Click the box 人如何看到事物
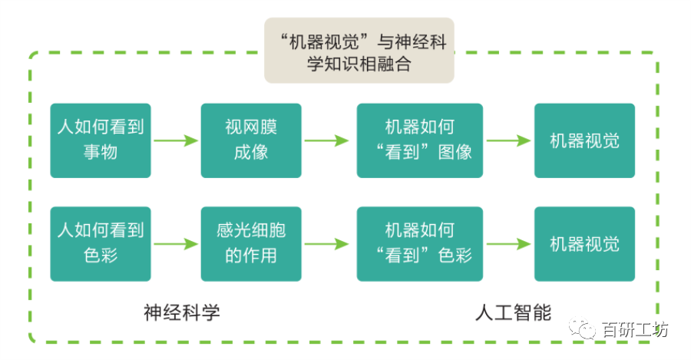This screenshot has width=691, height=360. point(101,140)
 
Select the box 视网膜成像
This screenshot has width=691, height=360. point(251,140)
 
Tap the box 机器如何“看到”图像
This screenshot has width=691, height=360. point(419,140)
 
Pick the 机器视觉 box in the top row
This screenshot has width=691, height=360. point(584,140)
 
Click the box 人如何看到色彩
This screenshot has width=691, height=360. point(101,243)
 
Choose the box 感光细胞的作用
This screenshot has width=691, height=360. point(251,243)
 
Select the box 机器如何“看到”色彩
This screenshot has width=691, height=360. point(419,243)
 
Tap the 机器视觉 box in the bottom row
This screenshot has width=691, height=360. point(584,243)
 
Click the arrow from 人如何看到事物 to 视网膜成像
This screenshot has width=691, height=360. point(176,140)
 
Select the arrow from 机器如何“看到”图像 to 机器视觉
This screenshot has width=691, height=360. point(508,140)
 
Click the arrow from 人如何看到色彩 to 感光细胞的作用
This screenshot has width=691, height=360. point(176,244)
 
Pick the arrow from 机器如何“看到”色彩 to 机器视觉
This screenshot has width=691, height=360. point(508,244)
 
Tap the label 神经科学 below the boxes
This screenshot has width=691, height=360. point(182,312)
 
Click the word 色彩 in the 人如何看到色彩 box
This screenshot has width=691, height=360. point(101,256)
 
